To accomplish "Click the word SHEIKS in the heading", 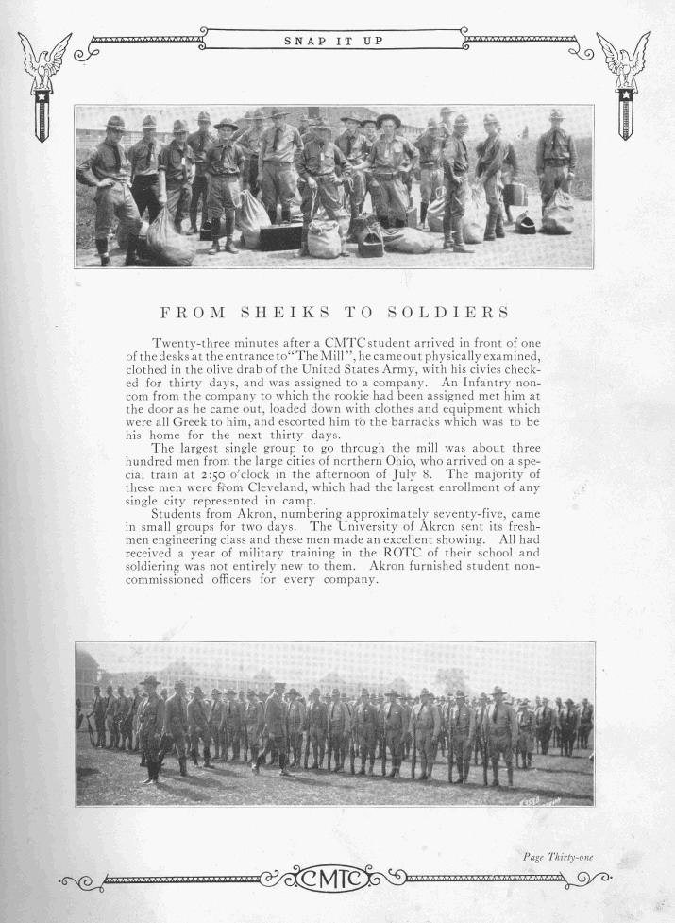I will tap(279, 312).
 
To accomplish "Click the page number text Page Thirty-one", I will tap(557, 857).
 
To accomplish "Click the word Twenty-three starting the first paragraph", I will tap(189, 341).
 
